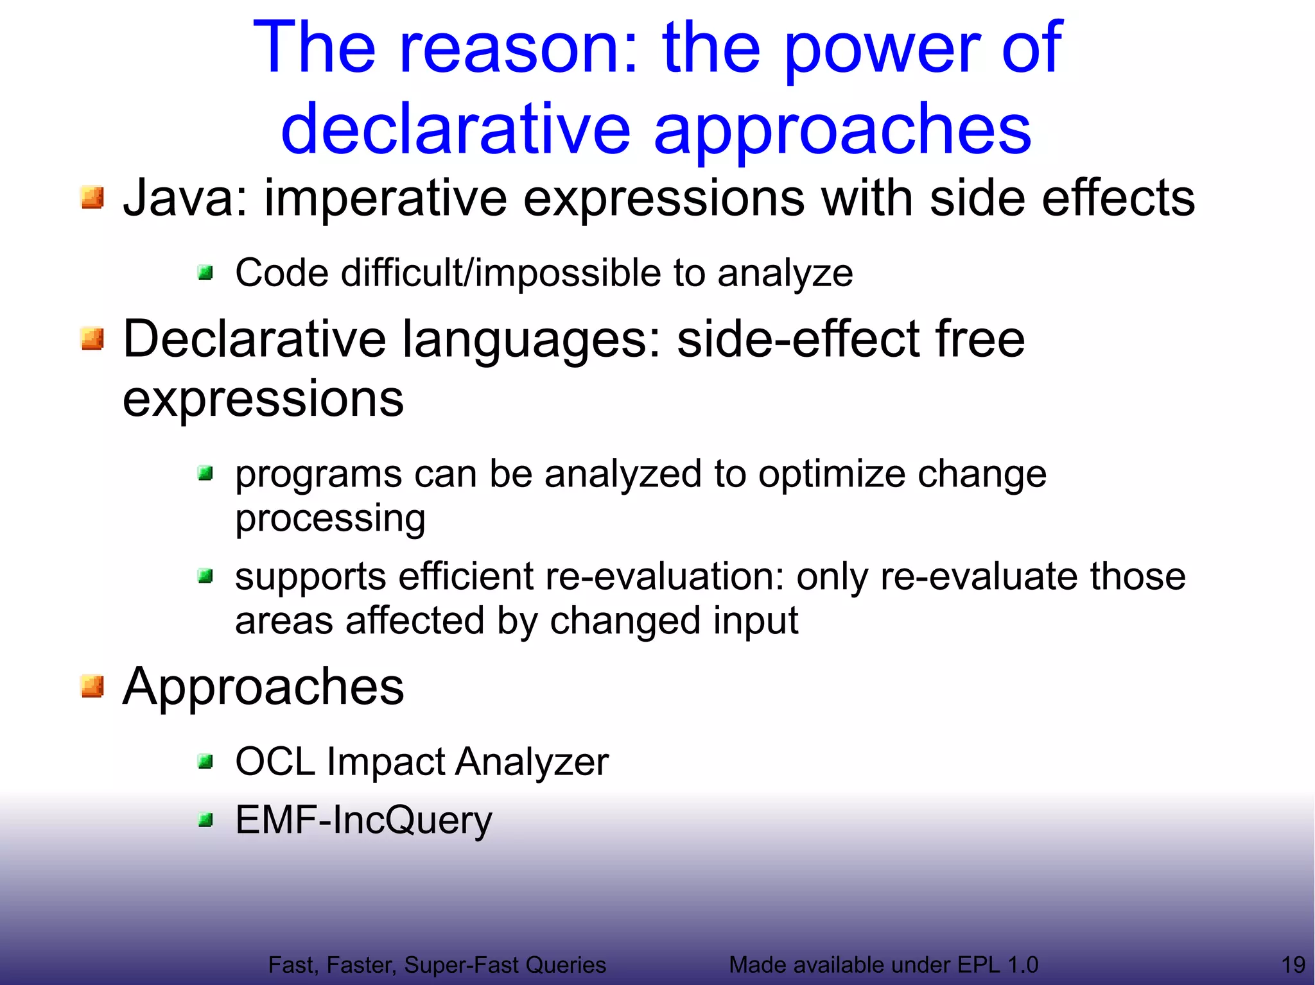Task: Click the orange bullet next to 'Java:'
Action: pyautogui.click(x=92, y=198)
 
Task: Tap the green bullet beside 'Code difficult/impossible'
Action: pyautogui.click(x=205, y=273)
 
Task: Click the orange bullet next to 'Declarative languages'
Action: pyautogui.click(x=92, y=338)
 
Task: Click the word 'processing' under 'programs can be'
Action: pyautogui.click(x=330, y=518)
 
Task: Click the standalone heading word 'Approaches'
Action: pyautogui.click(x=263, y=687)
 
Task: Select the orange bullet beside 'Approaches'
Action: pyautogui.click(x=92, y=686)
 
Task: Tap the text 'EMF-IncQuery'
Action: pyautogui.click(x=363, y=820)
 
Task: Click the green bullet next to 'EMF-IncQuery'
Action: pyautogui.click(x=205, y=820)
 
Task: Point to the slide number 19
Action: pyautogui.click(x=1293, y=964)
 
